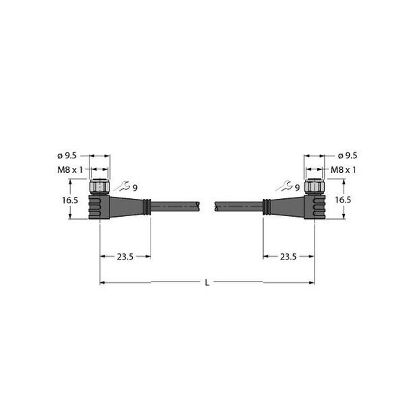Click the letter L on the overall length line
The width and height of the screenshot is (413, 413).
(207, 283)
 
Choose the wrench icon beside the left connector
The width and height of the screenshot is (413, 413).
(123, 185)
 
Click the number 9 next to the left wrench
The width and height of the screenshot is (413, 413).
(135, 187)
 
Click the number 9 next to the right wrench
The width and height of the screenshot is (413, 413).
(297, 187)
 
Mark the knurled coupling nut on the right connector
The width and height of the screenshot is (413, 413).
(315, 186)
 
